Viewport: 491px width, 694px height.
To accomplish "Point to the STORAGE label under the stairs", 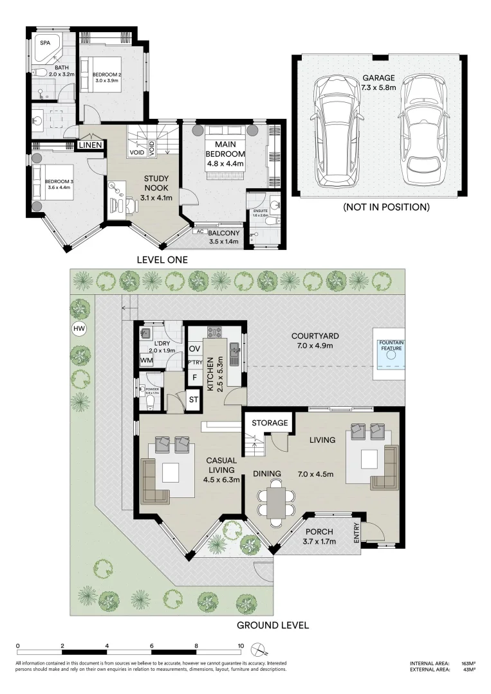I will [270, 423].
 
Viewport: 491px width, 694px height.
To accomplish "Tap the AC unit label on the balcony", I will [199, 232].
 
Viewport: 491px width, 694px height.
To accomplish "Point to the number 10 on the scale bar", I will [240, 646].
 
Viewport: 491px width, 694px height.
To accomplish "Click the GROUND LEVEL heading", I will [273, 625].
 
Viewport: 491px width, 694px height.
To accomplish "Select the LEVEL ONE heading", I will [162, 260].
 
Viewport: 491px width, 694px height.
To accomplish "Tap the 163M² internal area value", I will [468, 663].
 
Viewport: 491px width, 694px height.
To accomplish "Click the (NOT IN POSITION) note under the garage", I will [385, 207].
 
